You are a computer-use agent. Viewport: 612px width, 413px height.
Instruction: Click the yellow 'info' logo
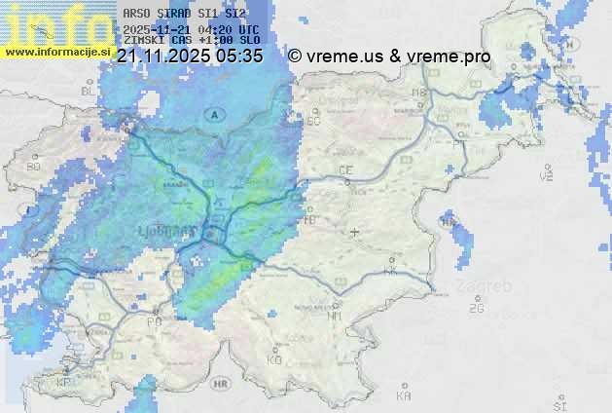coord(58,24)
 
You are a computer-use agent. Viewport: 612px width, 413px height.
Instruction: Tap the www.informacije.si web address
coord(57,51)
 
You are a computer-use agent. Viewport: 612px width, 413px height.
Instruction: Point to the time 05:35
coord(240,56)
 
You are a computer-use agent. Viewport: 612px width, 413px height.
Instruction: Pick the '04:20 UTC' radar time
coord(228,30)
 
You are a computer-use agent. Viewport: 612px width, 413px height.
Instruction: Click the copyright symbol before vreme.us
coord(295,56)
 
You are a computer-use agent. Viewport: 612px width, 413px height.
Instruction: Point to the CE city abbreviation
coord(344,170)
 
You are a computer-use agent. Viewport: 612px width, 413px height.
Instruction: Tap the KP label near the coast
coord(64,383)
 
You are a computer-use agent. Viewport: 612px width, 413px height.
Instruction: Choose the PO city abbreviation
coord(154,320)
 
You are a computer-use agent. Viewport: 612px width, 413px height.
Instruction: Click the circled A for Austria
coord(212,114)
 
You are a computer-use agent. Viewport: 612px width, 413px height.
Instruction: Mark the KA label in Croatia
coord(405,395)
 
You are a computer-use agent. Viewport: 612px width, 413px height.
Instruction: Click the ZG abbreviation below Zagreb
coord(476,309)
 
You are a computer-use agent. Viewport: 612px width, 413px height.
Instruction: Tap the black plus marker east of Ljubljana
coord(355,232)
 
